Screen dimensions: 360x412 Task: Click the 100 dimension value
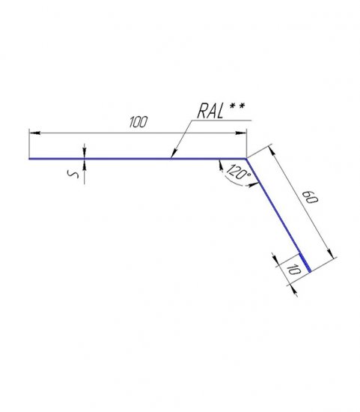pos(138,121)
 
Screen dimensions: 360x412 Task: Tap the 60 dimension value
pos(310,197)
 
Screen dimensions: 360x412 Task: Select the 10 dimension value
pos(293,270)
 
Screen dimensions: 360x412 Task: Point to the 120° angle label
pos(238,172)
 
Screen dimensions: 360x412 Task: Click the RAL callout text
pos(210,111)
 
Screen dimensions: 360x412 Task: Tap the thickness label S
pos(73,174)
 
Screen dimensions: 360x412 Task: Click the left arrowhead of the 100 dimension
pos(34,133)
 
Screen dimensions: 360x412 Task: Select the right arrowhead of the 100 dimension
pos(241,133)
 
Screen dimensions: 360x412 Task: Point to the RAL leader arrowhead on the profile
pos(174,154)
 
